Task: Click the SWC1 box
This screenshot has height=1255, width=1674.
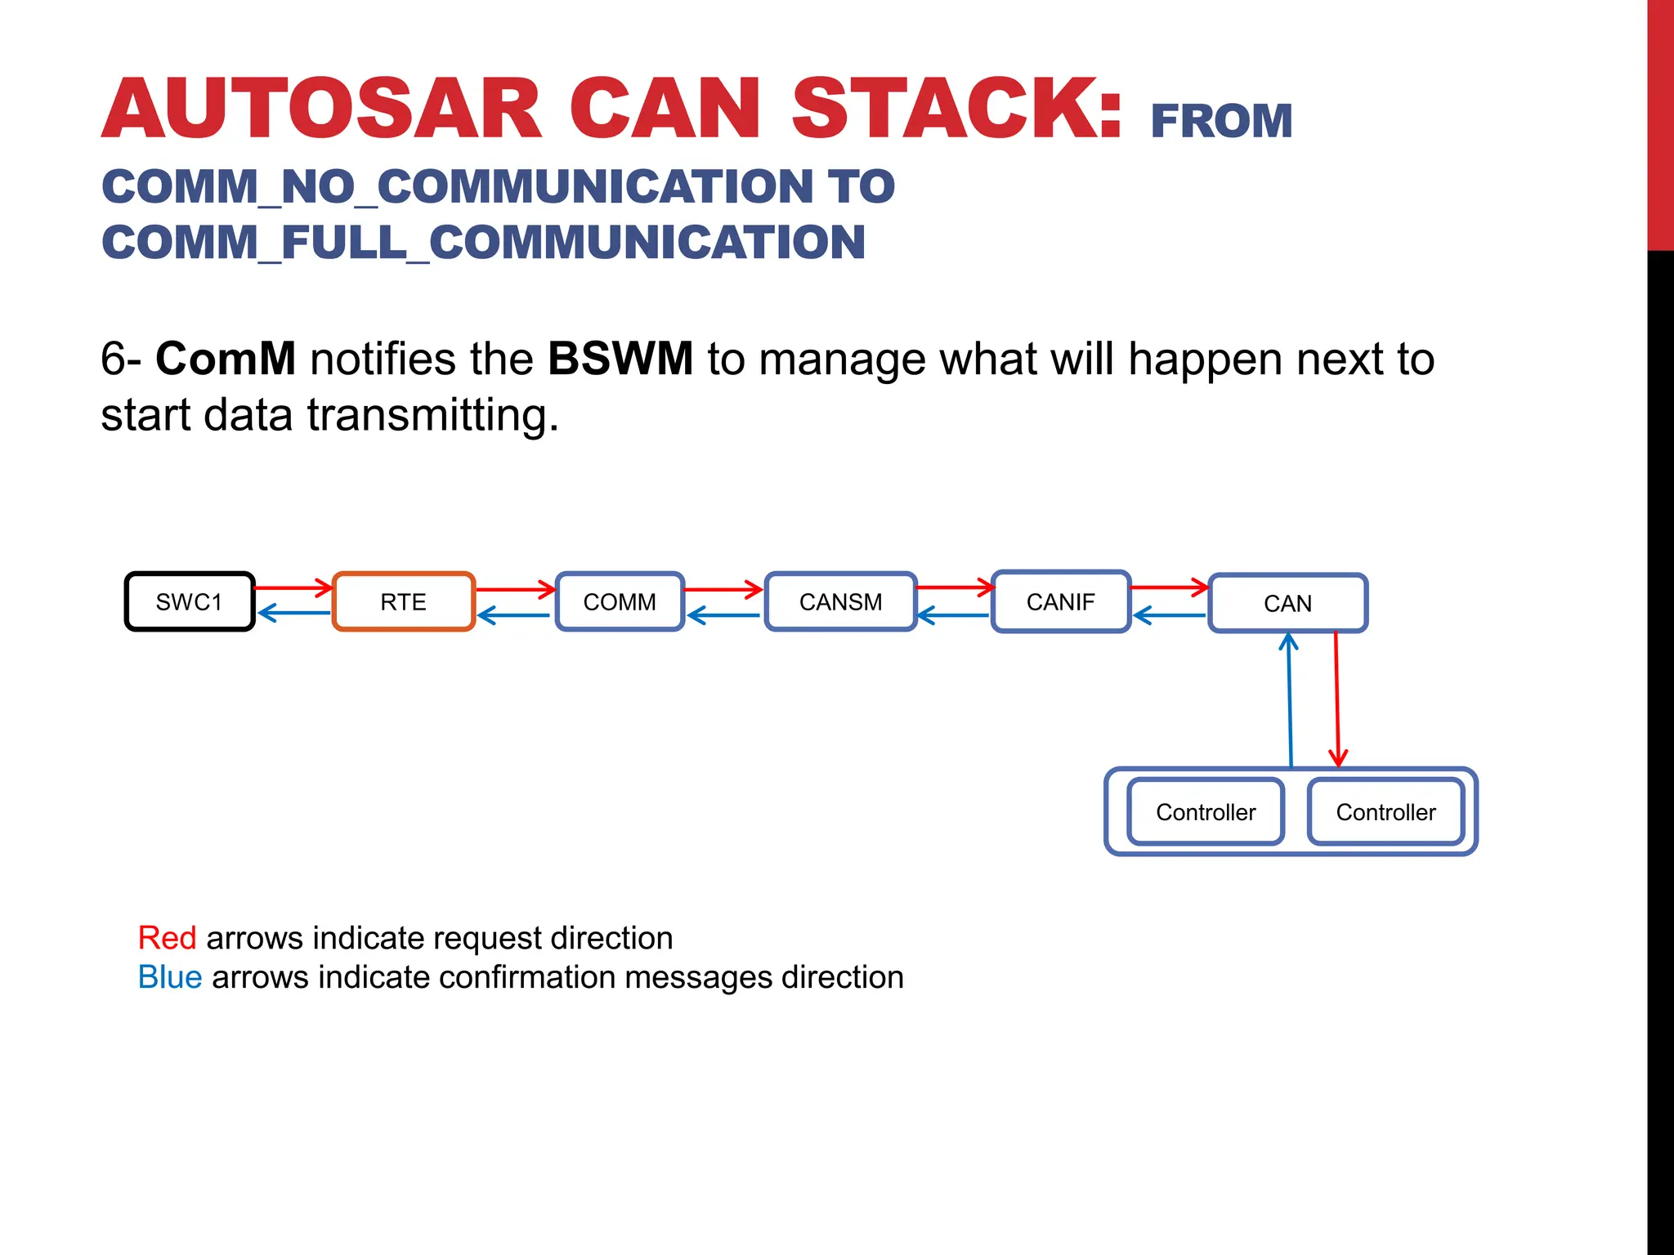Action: point(190,602)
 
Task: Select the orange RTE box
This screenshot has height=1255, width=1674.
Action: point(403,602)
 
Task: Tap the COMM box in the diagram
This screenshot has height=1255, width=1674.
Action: point(620,602)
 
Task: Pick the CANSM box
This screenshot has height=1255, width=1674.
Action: point(840,602)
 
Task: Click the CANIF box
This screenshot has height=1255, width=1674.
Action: point(1060,602)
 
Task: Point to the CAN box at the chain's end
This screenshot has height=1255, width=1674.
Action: point(1287,604)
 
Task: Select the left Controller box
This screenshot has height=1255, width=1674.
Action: point(1206,812)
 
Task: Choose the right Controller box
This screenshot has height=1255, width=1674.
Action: point(1385,812)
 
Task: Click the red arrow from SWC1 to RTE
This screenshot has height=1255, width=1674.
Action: point(293,587)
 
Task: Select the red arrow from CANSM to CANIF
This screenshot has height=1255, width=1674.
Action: point(954,587)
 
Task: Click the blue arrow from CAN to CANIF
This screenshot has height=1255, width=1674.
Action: point(1169,615)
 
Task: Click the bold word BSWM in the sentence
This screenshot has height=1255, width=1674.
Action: point(620,359)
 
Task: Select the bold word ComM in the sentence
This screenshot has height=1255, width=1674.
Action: point(226,359)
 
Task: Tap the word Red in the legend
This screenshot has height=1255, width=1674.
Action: point(167,938)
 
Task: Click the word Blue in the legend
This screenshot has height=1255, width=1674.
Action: point(170,977)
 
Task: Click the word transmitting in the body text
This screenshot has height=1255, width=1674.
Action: point(432,415)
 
